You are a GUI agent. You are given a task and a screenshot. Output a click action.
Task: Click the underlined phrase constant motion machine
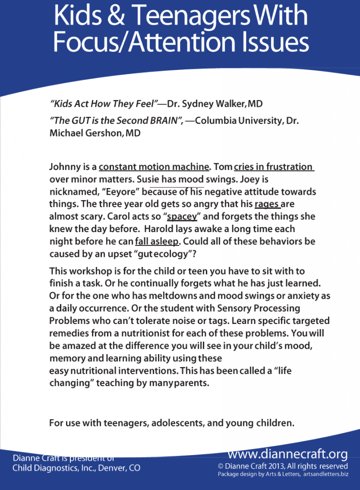(x=154, y=167)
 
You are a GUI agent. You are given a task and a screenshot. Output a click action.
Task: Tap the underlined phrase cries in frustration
(x=273, y=167)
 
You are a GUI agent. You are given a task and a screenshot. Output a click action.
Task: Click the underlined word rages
(x=267, y=204)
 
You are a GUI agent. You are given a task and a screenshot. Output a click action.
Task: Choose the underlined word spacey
(x=182, y=217)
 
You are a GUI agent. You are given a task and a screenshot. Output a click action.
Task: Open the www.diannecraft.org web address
(x=287, y=454)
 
